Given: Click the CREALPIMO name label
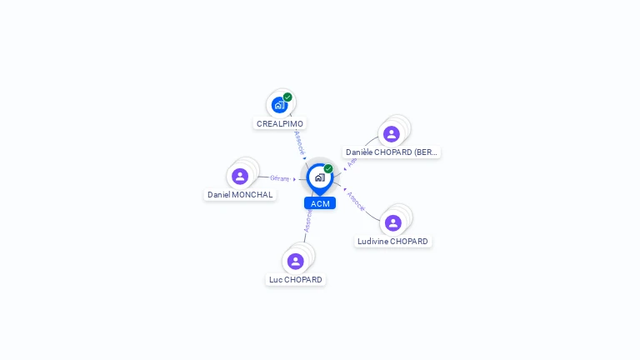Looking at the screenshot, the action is point(280,123).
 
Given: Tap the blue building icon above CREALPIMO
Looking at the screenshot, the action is point(279,105).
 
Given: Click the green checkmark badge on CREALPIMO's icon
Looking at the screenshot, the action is point(287,97).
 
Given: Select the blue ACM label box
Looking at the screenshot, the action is point(320,203).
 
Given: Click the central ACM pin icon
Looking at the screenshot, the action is point(319,177).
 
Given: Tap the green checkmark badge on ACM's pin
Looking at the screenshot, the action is point(328,169).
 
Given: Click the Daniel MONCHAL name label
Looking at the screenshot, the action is point(240,195).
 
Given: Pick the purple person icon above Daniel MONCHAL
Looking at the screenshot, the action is point(240,177).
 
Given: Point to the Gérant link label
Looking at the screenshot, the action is point(279,177).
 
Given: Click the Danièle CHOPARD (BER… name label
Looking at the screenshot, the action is point(392,152).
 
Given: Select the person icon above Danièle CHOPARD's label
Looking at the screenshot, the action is point(392,134).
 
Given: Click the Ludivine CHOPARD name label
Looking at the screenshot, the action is point(392,242).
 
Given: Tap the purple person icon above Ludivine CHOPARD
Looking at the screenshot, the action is point(393,223).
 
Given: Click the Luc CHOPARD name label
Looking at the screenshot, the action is point(296,280).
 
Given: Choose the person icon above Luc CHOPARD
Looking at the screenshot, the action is point(296,262).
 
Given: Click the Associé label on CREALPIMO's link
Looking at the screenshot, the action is point(299,141).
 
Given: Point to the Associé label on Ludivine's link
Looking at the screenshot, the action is point(356,201).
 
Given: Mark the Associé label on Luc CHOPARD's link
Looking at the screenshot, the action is point(307,220).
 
